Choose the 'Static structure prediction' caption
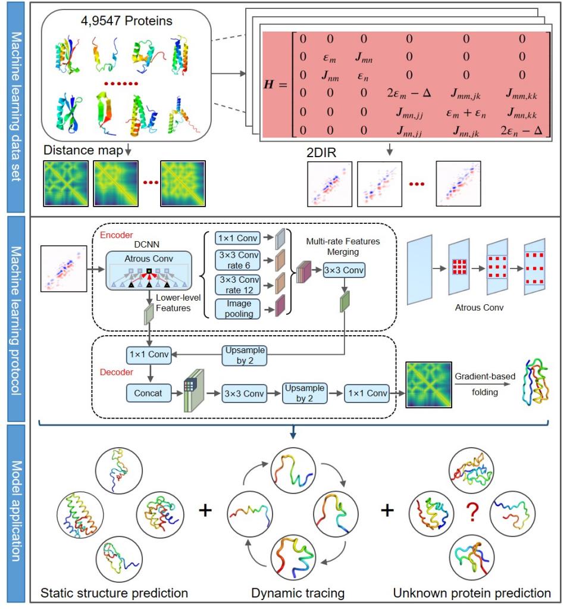[x=114, y=593]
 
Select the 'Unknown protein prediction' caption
[x=472, y=593]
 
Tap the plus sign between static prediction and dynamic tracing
[x=205, y=511]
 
